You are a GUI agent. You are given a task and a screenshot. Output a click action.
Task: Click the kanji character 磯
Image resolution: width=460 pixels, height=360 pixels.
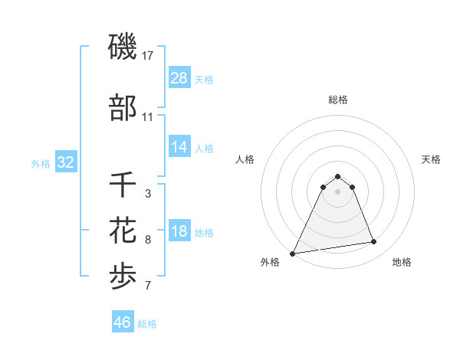[x=123, y=47]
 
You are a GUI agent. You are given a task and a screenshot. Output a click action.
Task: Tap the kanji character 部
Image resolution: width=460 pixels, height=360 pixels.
[x=123, y=109]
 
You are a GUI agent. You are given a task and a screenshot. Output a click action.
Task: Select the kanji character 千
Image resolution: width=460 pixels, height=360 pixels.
[x=123, y=186]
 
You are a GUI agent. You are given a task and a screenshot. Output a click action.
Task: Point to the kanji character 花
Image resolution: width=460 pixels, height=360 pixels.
[x=123, y=230]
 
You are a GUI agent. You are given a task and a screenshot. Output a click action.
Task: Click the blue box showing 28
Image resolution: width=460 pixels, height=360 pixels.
[x=179, y=77]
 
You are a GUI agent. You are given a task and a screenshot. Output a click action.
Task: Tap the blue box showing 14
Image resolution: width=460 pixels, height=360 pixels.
[x=179, y=147]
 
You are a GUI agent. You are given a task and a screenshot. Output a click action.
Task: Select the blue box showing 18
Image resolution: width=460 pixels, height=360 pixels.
[x=179, y=232]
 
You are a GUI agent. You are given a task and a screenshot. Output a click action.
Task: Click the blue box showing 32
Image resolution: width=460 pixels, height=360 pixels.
[x=65, y=162]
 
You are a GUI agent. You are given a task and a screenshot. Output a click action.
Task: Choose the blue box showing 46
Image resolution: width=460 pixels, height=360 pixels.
[x=122, y=322]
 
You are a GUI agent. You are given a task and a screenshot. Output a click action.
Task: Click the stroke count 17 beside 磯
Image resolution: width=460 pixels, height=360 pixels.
[x=148, y=55]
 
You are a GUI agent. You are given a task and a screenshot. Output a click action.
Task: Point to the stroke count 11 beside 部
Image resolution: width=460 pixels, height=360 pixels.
[x=148, y=117]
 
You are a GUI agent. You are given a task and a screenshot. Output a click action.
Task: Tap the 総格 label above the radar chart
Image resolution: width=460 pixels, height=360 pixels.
[x=337, y=100]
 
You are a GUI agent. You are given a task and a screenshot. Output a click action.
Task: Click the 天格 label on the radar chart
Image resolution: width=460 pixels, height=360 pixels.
[x=431, y=159]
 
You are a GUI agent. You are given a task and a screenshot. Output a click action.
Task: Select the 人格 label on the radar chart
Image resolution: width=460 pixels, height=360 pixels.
[x=245, y=159]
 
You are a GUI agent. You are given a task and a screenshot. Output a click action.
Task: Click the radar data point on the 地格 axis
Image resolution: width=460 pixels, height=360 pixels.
[x=374, y=242]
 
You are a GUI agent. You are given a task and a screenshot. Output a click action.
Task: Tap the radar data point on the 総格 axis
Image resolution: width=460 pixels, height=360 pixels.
[x=337, y=176]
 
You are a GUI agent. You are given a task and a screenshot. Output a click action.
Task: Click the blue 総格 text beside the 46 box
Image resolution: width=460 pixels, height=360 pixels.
[x=147, y=324]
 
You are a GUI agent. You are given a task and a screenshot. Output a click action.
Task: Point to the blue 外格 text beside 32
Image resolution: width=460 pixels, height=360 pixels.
[x=40, y=163]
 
